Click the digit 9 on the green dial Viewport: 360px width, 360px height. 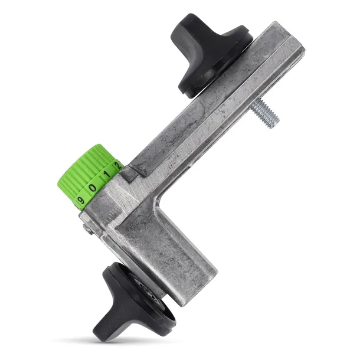point(81,200)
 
